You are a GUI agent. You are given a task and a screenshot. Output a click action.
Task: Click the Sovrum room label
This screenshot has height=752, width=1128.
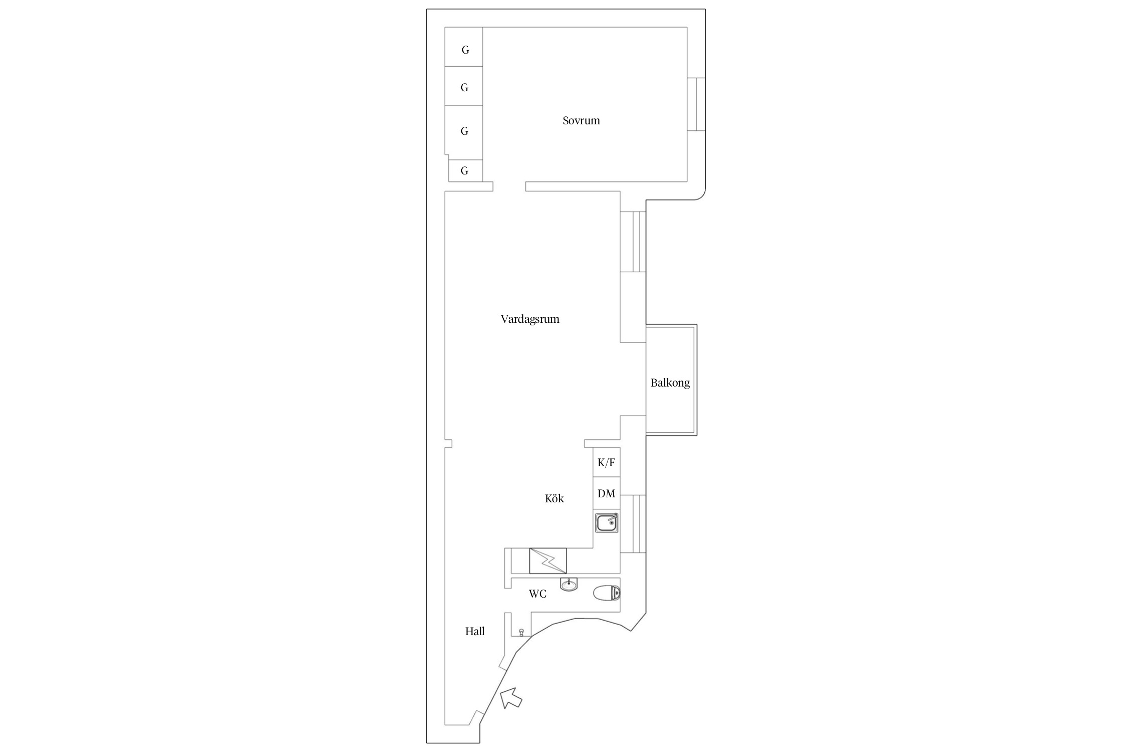tap(581, 120)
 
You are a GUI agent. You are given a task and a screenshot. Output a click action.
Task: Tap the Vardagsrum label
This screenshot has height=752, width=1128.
tap(530, 319)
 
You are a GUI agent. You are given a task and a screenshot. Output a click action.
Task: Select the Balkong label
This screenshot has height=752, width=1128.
tap(670, 383)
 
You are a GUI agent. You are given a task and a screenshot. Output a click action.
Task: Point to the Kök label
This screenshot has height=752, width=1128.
tap(554, 498)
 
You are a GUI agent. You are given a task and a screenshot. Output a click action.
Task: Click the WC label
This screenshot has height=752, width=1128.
tap(537, 594)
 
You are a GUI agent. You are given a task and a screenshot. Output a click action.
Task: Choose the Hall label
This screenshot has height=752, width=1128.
tap(475, 632)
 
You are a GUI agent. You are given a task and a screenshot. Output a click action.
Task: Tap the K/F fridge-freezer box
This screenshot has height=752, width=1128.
tap(607, 462)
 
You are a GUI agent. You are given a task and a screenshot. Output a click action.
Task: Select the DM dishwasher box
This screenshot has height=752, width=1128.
tap(607, 493)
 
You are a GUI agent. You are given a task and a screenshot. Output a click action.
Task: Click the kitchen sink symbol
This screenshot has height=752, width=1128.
tap(607, 523)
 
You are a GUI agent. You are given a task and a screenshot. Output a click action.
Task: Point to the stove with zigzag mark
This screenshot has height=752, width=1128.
tap(548, 561)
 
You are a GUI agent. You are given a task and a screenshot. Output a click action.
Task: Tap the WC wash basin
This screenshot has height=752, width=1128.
tap(569, 584)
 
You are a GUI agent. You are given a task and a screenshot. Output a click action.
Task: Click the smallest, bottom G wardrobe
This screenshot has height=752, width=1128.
tap(465, 170)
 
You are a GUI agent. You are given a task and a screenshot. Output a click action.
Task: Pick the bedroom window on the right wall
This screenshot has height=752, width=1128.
tap(696, 104)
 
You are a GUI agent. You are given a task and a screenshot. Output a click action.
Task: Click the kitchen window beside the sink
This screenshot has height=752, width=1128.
tap(633, 524)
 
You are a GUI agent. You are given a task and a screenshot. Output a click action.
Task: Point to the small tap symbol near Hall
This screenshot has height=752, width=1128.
tap(522, 633)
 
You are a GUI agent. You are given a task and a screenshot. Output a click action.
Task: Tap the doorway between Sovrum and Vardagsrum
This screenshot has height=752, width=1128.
tap(509, 186)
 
